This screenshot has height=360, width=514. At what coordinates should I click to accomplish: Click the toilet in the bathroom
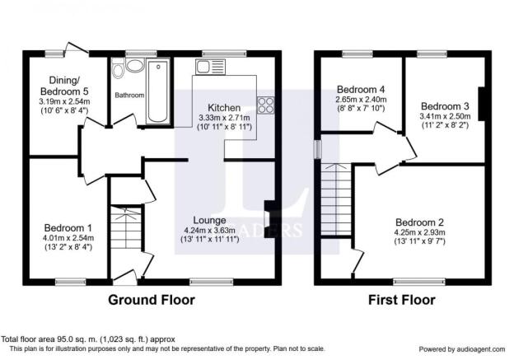point(118,68)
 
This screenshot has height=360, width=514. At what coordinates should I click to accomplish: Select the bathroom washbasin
point(135,66)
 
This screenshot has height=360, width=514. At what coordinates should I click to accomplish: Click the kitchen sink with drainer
point(210,67)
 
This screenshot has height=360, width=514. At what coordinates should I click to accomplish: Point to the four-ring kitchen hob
point(266,105)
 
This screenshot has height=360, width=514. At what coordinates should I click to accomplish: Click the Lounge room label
point(209,220)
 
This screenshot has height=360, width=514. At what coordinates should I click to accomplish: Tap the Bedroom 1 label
point(68,228)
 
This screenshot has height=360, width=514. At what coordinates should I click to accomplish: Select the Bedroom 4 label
point(361,89)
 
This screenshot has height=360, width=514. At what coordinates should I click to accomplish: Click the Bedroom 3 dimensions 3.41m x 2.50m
point(445,116)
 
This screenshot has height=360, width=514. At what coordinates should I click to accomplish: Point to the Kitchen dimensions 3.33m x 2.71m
point(224,117)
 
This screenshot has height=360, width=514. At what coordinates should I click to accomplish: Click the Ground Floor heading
point(152,300)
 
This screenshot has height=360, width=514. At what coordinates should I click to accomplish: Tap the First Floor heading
point(402,300)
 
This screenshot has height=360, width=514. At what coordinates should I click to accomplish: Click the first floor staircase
point(336,199)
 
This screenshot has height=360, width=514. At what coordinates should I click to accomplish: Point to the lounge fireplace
point(269,218)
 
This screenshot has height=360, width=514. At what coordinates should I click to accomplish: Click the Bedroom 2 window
point(419,282)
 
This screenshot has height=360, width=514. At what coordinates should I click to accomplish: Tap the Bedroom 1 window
point(71,282)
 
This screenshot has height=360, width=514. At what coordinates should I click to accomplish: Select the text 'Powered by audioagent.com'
point(462,349)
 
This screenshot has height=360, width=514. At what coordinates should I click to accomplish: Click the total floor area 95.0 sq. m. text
point(88,339)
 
